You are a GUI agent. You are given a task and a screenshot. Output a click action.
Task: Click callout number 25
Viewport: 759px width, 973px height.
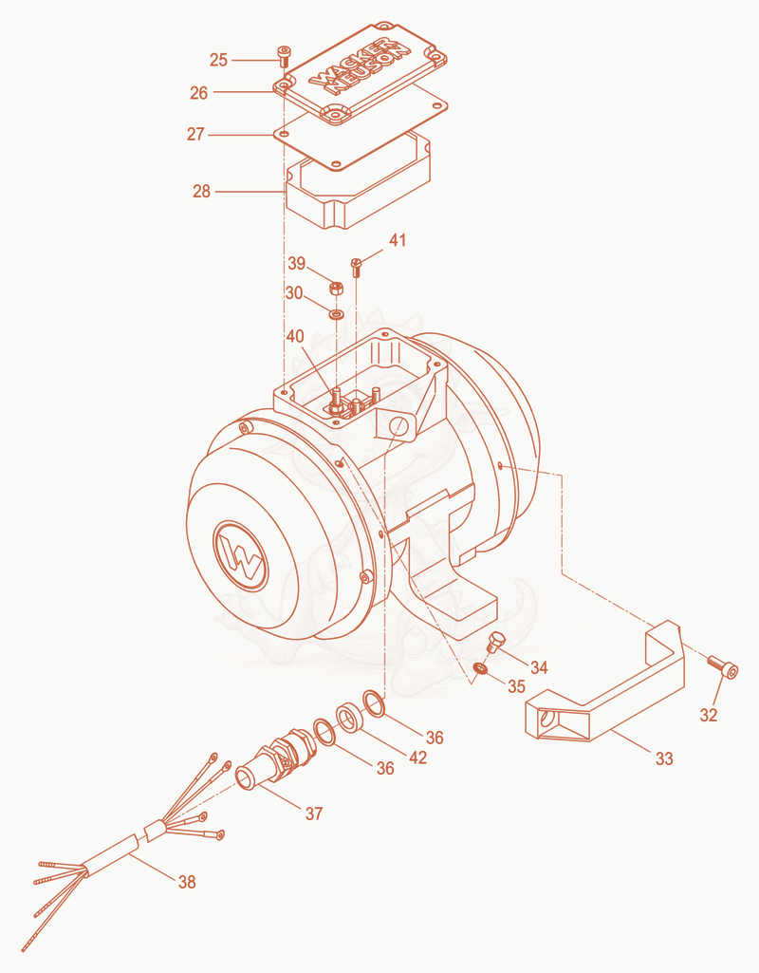click(218, 60)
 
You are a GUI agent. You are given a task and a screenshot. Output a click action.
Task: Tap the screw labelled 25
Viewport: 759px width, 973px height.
click(284, 56)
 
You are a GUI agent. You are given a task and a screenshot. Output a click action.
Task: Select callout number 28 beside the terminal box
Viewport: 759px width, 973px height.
click(201, 191)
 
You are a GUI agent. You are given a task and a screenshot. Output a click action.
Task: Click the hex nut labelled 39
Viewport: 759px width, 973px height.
click(336, 289)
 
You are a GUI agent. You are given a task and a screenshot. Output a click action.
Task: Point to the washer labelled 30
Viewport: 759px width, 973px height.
click(337, 313)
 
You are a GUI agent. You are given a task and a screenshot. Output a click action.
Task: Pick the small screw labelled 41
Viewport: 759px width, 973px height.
click(356, 267)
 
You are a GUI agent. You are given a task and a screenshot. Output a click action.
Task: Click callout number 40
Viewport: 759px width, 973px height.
click(294, 336)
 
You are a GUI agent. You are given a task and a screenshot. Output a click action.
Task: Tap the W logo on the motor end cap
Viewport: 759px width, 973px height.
click(241, 556)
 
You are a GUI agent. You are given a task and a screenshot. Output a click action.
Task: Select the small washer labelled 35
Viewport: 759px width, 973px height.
click(480, 668)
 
